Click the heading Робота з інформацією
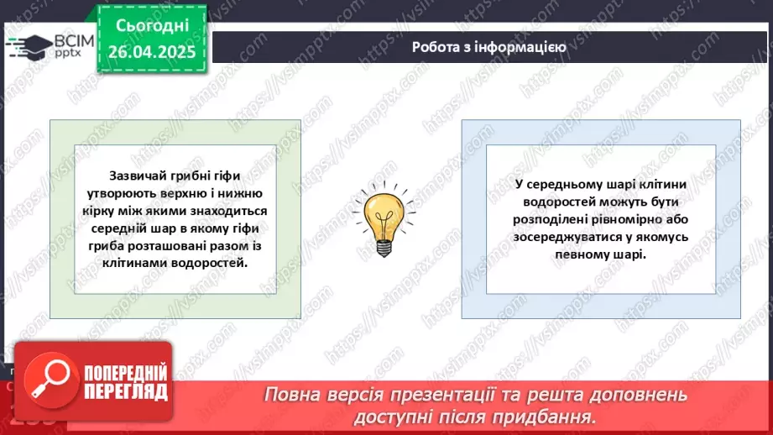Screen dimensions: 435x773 488,47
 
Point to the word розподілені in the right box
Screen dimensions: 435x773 556,219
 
